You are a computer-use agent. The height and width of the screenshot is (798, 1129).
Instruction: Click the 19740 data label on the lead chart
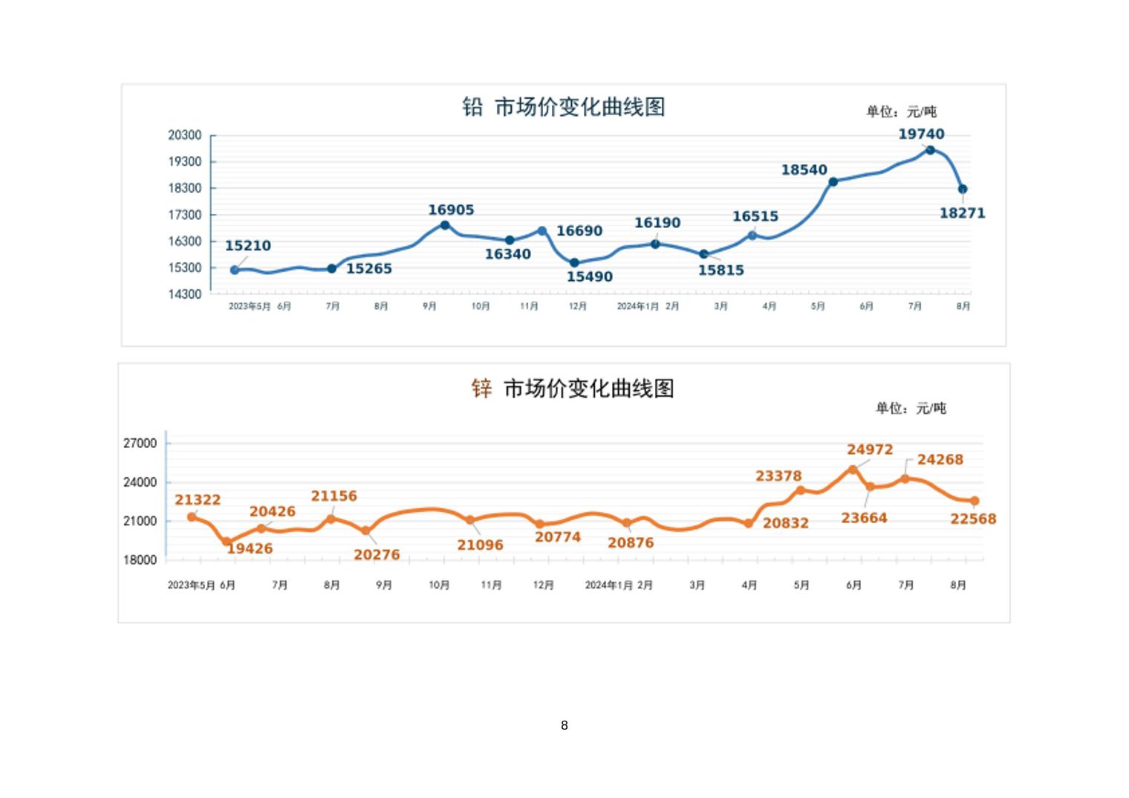pos(921,134)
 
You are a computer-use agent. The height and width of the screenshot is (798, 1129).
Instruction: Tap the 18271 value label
pos(962,213)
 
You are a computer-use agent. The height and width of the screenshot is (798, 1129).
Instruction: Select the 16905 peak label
pos(451,210)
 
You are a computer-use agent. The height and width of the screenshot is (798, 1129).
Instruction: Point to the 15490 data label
pos(590,277)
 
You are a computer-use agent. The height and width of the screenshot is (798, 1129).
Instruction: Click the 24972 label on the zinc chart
pos(870,450)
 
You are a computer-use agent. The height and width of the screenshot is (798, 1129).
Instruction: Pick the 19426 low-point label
pos(250,549)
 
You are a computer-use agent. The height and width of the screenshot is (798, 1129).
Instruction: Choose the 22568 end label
pos(973,519)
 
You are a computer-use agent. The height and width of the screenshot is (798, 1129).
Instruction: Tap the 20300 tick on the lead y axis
pos(184,135)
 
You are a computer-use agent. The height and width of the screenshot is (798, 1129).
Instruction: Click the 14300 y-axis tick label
pos(184,294)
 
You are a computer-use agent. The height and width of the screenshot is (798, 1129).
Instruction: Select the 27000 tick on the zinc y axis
pos(140,444)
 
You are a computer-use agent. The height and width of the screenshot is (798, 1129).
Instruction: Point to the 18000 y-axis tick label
pos(140,560)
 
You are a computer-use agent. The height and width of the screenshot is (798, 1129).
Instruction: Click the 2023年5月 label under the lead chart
pos(250,307)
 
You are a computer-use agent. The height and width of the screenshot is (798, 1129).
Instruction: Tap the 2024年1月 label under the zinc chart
pos(608,585)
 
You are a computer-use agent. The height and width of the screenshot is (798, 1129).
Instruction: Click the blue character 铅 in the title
pos(472,107)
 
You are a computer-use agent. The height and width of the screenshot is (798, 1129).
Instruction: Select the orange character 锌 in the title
pos(481,389)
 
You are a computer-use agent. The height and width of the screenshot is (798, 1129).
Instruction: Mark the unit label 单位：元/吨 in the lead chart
pos(901,112)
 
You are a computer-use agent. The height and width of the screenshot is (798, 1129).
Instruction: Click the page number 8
pos(564,725)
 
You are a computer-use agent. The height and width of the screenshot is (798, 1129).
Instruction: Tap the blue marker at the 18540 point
pos(833,182)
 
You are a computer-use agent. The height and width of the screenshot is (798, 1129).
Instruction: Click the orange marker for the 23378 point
pos(801,490)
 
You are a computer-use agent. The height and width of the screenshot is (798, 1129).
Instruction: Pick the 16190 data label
pos(657,223)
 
